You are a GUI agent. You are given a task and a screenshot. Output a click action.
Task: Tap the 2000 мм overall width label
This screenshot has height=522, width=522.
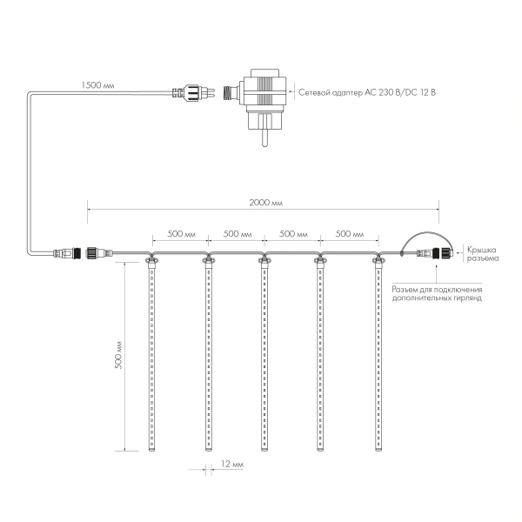265,202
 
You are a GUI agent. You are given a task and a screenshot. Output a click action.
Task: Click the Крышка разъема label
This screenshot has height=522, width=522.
478,253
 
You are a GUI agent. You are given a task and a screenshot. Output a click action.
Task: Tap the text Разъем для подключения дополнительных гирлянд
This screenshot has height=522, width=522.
436,293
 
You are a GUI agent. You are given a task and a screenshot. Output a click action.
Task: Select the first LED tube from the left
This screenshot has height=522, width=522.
151,357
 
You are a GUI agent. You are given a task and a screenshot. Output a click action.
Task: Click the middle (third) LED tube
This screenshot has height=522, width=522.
264,357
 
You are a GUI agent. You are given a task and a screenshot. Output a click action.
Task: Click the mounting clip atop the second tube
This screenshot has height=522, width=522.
208,258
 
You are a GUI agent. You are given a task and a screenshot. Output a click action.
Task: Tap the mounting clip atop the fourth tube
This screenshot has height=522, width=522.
321,258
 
